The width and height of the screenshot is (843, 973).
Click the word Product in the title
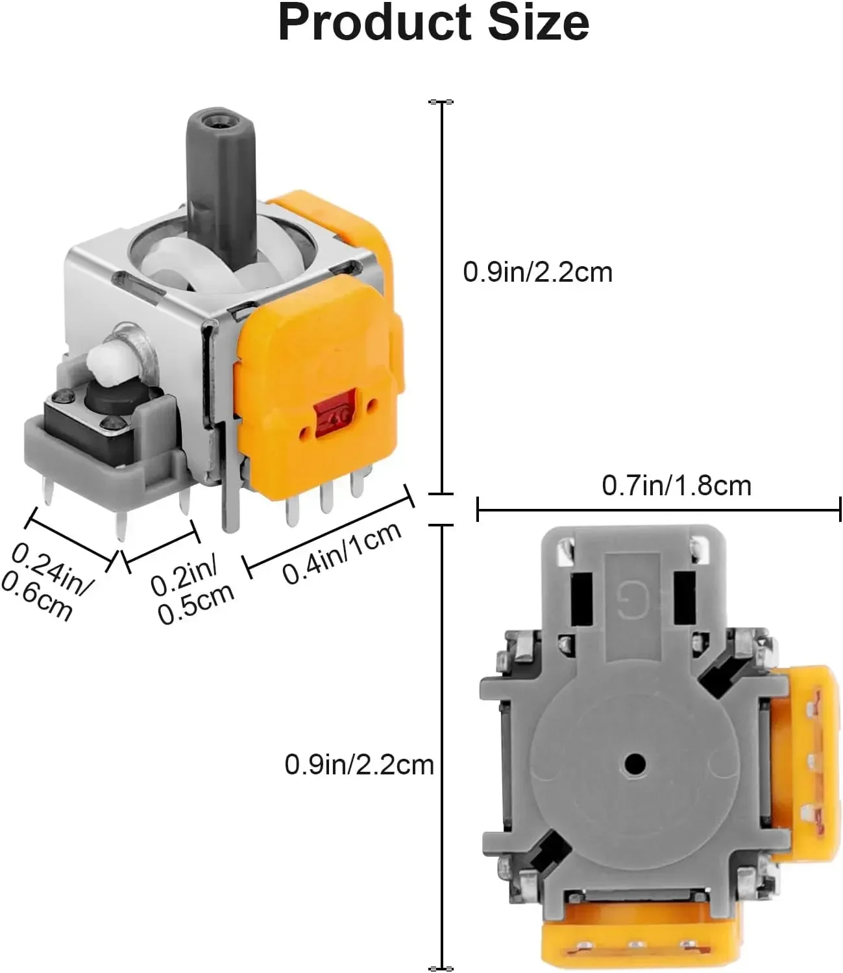[374, 23]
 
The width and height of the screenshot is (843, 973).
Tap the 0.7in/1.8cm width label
[676, 486]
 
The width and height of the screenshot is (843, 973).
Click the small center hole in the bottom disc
[635, 763]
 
